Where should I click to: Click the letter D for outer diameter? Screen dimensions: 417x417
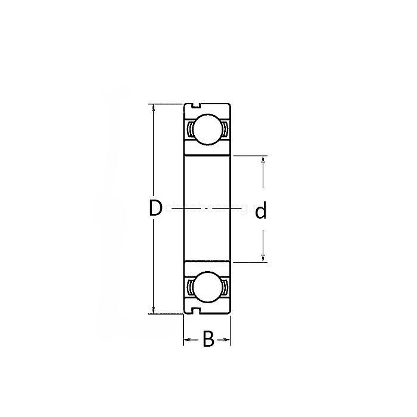click(x=155, y=208)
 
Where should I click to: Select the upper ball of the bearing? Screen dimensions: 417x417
click(x=206, y=129)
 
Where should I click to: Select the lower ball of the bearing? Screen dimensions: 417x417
click(x=206, y=288)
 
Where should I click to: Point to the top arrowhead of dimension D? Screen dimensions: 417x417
click(x=154, y=108)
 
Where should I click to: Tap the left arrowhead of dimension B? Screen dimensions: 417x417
click(x=186, y=340)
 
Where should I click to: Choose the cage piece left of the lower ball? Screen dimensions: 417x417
click(x=188, y=288)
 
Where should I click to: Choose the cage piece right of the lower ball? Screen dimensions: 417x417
click(x=225, y=288)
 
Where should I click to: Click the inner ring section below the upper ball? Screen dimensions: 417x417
click(x=206, y=150)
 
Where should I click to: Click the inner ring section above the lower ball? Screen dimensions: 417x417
click(x=206, y=267)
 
